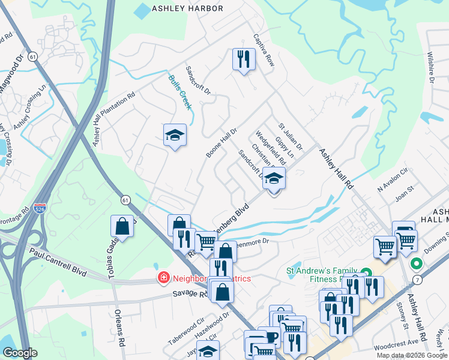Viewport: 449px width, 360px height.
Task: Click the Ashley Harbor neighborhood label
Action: coord(187,8)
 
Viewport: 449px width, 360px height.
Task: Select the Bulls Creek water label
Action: coord(179,92)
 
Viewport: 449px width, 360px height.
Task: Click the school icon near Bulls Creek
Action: coord(175,135)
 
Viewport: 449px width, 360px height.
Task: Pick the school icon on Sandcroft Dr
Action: coord(274,178)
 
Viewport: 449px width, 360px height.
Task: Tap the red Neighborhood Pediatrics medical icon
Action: coord(163,278)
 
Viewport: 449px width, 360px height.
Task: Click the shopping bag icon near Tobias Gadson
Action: coord(122,226)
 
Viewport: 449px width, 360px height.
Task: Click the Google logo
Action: coord(20,353)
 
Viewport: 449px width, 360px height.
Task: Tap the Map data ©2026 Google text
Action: coord(411,355)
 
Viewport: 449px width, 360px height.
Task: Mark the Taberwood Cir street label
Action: coord(187,331)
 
